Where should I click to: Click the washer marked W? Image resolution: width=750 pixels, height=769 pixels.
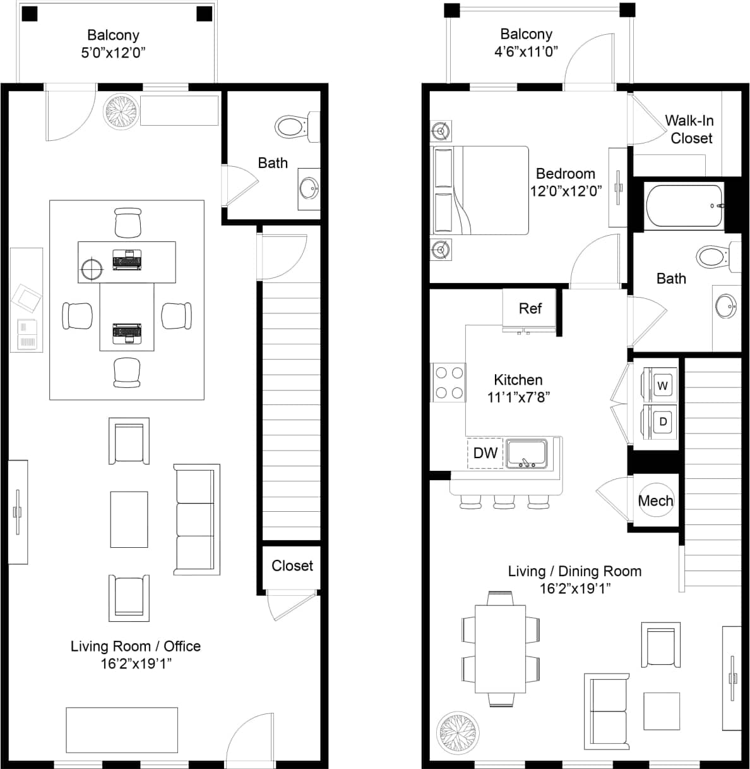pos(662,385)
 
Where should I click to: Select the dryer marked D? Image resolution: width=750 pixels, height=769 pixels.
pos(662,421)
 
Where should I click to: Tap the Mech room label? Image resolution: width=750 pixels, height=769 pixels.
pos(655,500)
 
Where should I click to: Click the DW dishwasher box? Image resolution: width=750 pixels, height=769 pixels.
pos(485,452)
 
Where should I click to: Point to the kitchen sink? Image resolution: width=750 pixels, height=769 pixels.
pos(526,454)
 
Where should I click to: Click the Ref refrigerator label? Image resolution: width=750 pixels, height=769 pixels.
pos(530,308)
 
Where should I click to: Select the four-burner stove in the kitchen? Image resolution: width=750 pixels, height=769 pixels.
pos(448,382)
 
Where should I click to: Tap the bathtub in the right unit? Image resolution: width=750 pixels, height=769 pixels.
pos(684,205)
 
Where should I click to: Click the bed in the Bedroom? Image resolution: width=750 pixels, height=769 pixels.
pos(480,190)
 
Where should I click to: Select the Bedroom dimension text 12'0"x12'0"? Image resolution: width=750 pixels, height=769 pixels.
pos(566,190)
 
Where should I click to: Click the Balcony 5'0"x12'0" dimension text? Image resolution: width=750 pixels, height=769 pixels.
pos(113,53)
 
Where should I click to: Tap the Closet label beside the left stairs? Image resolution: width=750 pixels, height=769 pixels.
pos(292,566)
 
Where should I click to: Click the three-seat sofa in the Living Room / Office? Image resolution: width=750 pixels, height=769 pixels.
pos(196,519)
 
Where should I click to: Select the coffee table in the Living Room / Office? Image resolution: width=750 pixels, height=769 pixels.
pos(129,519)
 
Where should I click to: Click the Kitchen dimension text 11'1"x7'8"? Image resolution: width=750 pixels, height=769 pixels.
pos(518,397)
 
